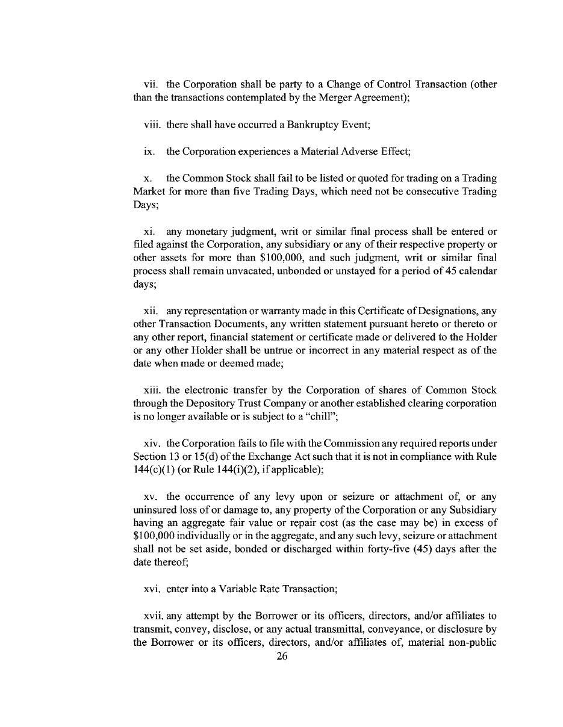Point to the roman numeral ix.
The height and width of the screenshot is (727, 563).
(148, 151)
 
